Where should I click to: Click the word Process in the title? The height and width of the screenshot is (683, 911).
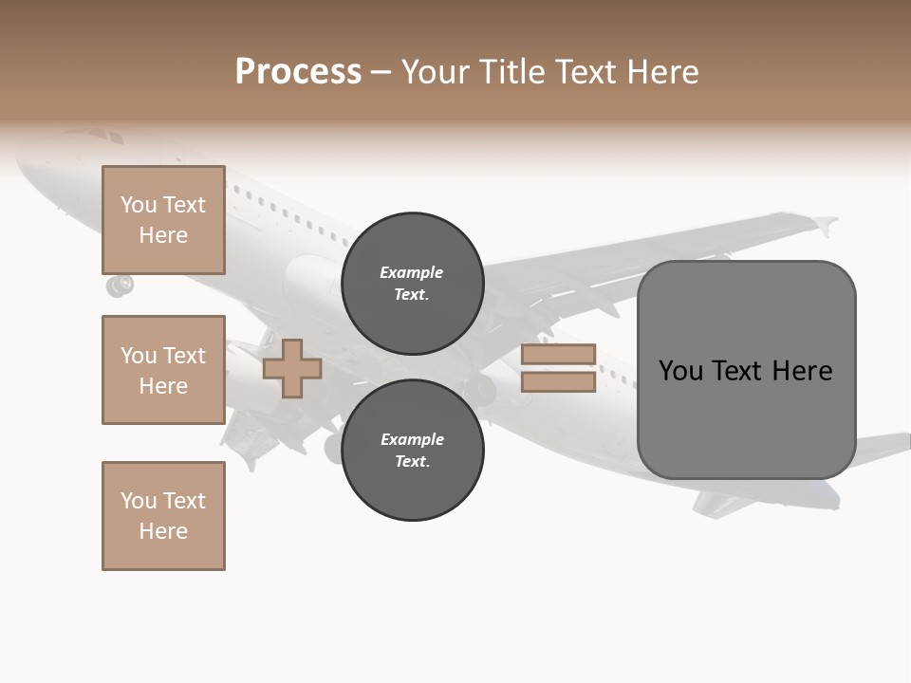click(298, 72)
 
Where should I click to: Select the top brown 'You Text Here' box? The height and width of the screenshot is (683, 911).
click(163, 220)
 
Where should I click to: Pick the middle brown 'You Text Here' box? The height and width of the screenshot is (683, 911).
click(163, 370)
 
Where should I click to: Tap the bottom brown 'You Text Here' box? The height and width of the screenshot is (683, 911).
click(163, 516)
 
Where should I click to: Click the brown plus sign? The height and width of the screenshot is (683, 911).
click(292, 367)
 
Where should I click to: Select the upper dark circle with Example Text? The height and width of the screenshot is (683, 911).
click(413, 284)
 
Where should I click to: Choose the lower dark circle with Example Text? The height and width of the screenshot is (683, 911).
click(413, 451)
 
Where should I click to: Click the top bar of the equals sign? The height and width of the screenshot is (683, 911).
click(558, 355)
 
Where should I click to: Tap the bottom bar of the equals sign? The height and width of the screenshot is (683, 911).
click(558, 382)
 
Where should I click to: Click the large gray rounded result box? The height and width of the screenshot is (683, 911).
click(746, 370)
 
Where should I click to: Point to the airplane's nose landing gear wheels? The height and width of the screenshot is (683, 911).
click(120, 285)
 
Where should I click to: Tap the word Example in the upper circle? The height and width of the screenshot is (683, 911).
click(412, 273)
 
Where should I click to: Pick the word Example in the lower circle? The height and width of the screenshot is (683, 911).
click(412, 440)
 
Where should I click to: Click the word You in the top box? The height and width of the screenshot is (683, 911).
click(139, 206)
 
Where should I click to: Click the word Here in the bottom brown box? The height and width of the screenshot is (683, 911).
click(163, 531)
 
